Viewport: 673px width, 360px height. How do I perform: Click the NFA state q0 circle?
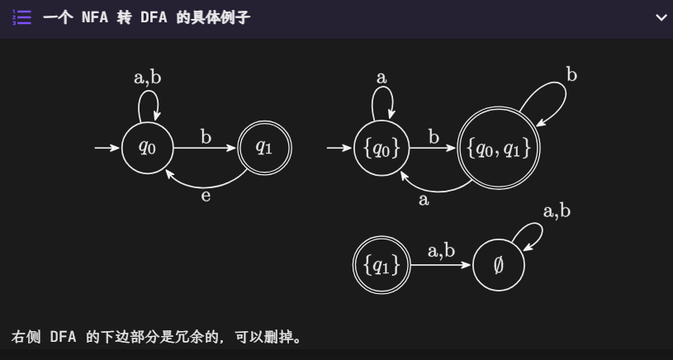pos(147,149)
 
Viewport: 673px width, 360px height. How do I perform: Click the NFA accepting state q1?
pos(263,149)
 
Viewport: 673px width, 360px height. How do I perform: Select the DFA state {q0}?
pos(381,149)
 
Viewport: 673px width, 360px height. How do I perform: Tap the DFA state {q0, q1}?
pos(498,149)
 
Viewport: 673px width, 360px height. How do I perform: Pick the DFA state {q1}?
pos(381,265)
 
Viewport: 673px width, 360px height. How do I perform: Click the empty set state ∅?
pos(498,265)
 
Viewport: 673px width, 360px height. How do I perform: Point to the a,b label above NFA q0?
pos(147,78)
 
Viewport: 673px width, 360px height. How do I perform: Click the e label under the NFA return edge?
pos(206,197)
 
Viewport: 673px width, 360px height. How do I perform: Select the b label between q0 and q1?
pos(206,136)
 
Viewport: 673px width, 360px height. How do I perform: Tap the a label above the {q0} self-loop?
pos(381,78)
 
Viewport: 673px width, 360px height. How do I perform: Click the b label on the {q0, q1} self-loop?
pos(571,75)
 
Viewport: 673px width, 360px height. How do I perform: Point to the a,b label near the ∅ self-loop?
pos(556,211)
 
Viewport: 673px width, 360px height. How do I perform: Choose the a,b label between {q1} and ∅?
pos(441,250)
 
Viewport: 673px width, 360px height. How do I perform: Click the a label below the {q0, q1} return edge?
pos(424,200)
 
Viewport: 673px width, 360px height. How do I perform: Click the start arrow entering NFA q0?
pos(107,149)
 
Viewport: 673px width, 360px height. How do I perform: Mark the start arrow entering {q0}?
pos(339,149)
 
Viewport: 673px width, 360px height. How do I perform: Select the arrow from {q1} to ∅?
pos(441,265)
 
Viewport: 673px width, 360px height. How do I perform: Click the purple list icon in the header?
pos(22,17)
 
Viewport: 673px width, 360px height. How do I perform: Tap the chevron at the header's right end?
pos(661,17)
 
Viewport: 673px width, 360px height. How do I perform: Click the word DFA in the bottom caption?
pos(64,338)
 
